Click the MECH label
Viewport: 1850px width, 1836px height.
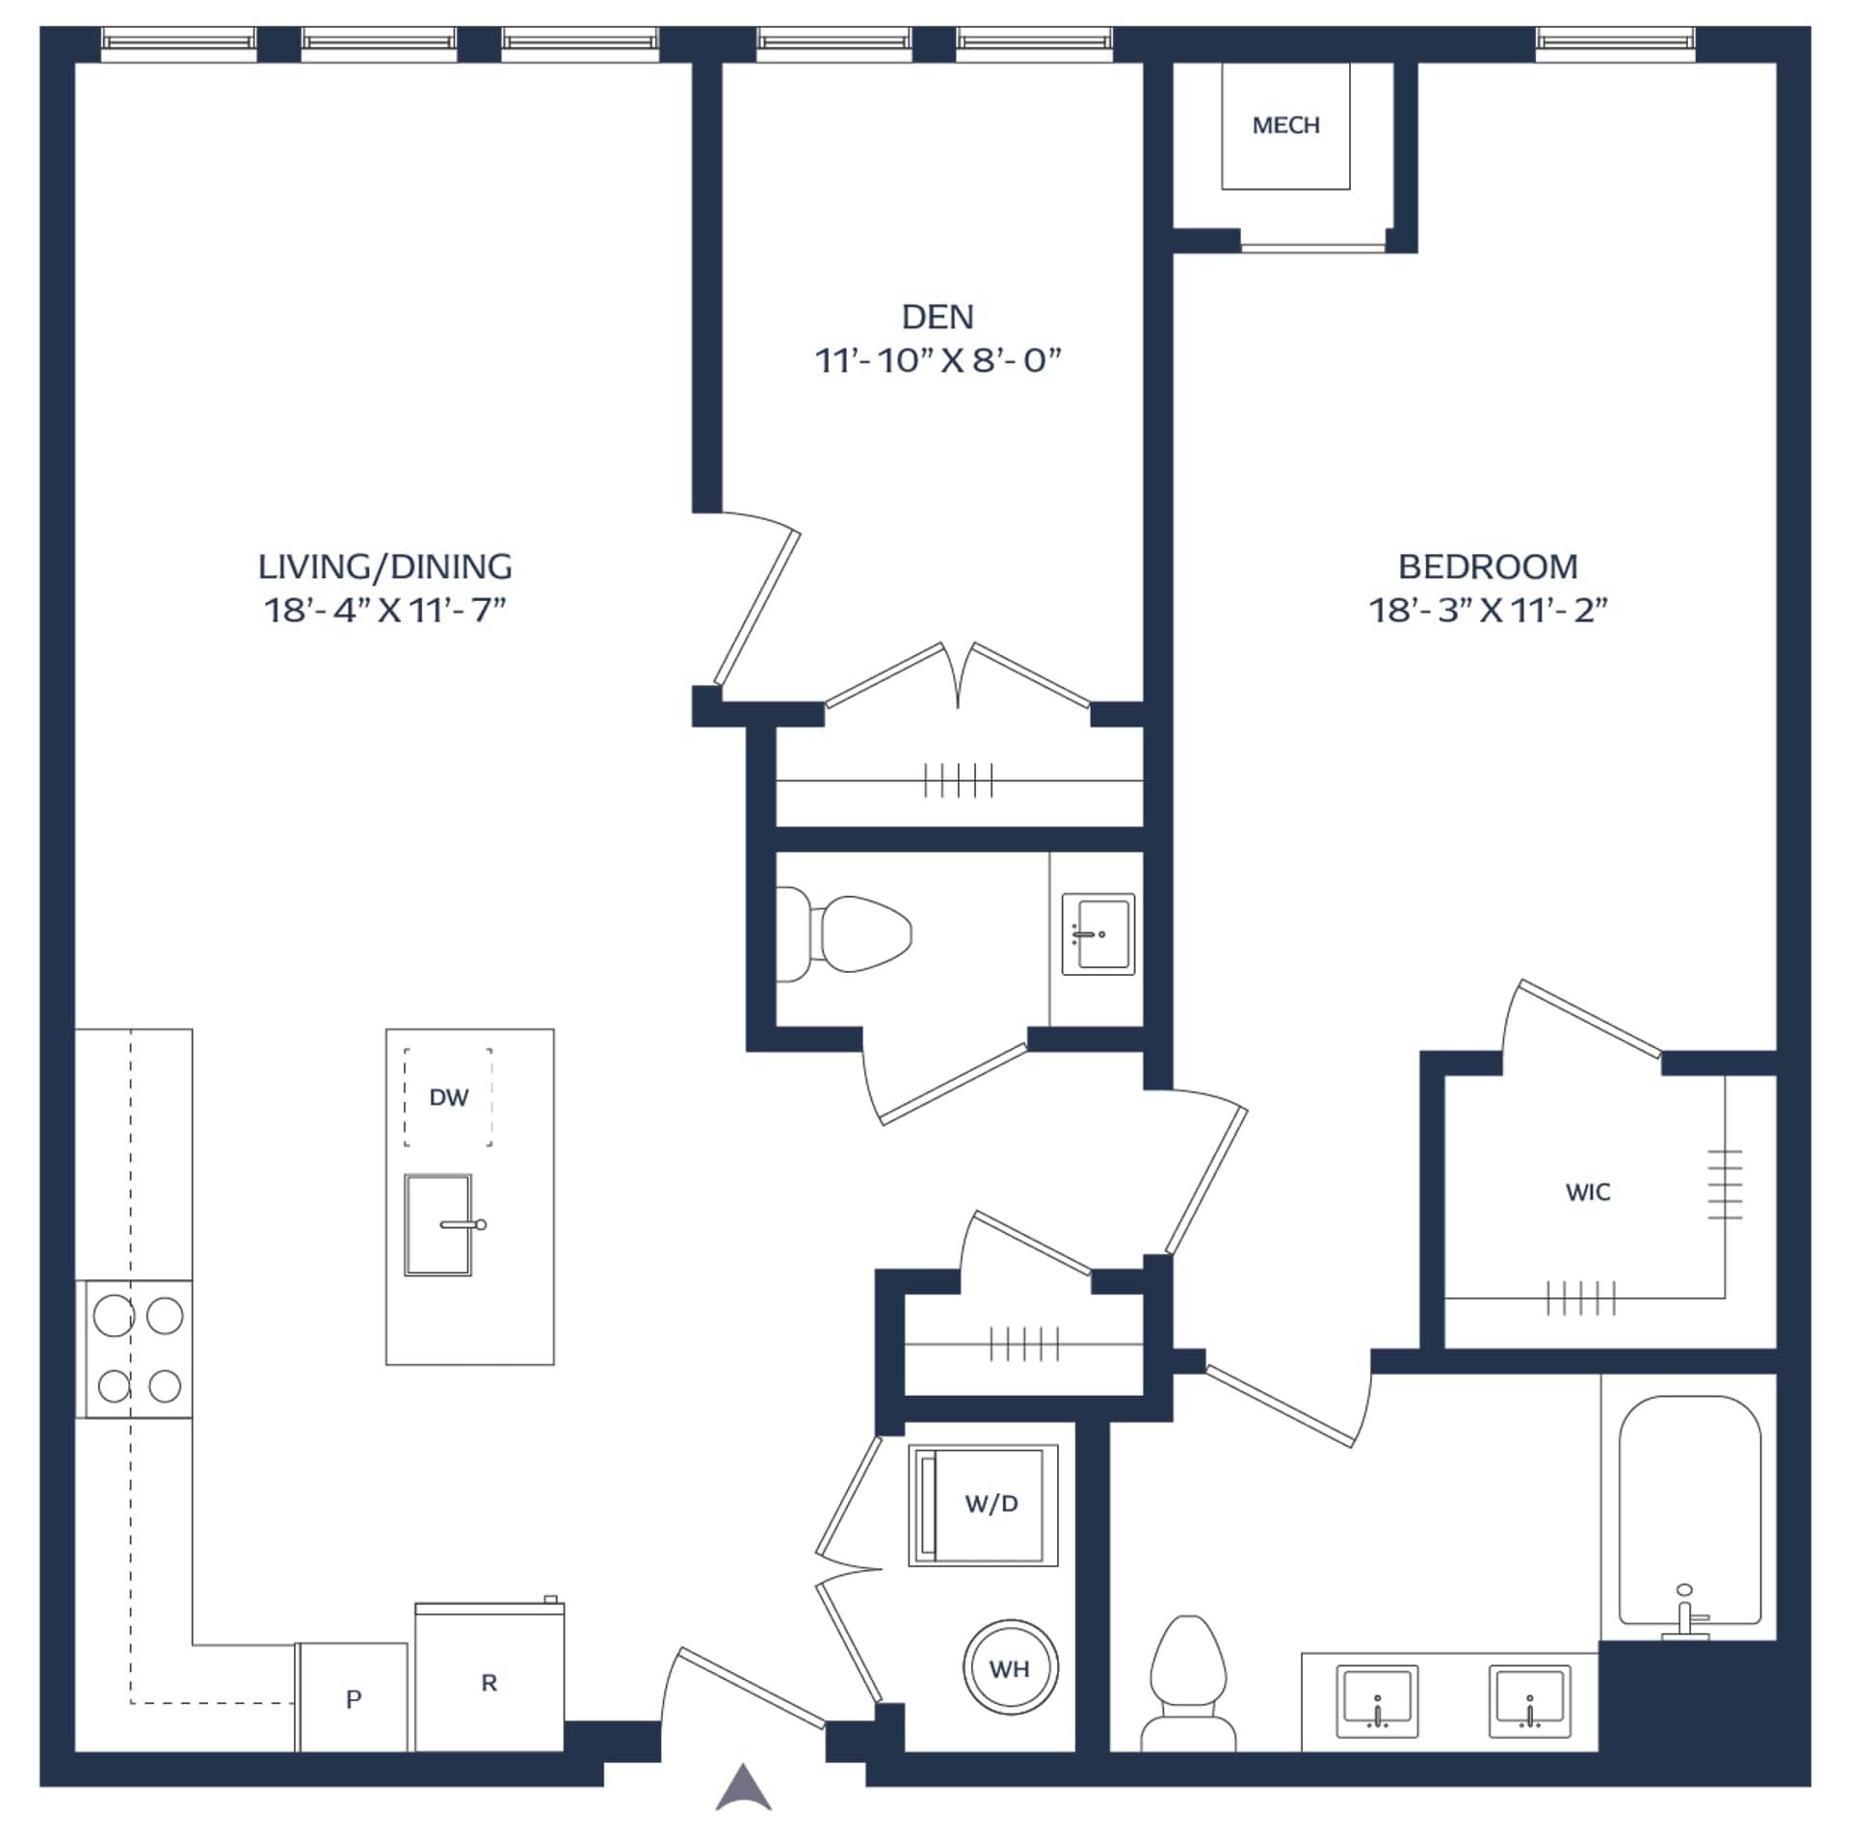pyautogui.click(x=1285, y=125)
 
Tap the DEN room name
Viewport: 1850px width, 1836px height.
pyautogui.click(x=938, y=317)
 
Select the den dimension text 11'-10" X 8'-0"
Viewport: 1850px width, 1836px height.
pyautogui.click(x=938, y=361)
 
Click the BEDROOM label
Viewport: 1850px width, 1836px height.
pyautogui.click(x=1488, y=566)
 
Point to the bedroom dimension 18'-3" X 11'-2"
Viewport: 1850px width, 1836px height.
pyautogui.click(x=1488, y=611)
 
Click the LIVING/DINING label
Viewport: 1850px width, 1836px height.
pyautogui.click(x=384, y=566)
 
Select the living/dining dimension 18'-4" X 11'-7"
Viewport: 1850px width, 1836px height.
pyautogui.click(x=384, y=611)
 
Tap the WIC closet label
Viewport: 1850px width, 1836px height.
pyautogui.click(x=1588, y=1193)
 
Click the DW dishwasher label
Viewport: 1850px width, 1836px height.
pyautogui.click(x=448, y=1097)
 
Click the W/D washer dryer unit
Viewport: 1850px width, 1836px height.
pyautogui.click(x=984, y=1505)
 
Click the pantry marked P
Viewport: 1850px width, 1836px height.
pyautogui.click(x=353, y=1697)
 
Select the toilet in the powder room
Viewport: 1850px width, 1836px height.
pyautogui.click(x=843, y=933)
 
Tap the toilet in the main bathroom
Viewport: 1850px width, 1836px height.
pyautogui.click(x=1188, y=1684)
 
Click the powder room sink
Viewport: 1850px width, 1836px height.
pyautogui.click(x=1098, y=934)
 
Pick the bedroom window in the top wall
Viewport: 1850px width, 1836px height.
pyautogui.click(x=1615, y=44)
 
